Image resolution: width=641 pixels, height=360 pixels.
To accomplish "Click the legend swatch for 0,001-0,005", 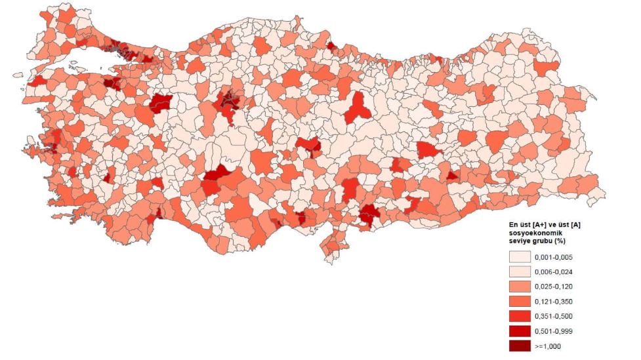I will (x=521, y=256).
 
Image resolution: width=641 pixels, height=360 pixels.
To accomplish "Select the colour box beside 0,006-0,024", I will (x=521, y=271).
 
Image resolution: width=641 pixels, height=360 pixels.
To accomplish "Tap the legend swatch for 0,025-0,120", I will (x=521, y=287).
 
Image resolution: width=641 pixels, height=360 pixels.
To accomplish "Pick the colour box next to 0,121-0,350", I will (x=521, y=302).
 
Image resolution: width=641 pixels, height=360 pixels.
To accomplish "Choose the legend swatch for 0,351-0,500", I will (x=521, y=316).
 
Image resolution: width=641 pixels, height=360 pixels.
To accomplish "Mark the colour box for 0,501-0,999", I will (x=521, y=331).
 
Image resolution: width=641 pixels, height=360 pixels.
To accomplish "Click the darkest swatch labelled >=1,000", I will (x=521, y=346).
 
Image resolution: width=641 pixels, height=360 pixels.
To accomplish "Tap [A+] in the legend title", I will (x=535, y=226).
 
